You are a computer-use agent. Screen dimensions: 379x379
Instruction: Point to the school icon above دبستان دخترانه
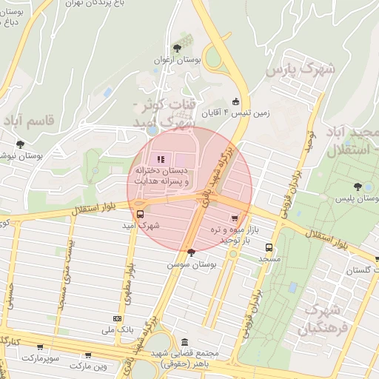click(x=161, y=158)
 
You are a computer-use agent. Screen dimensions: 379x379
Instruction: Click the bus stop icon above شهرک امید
click(x=141, y=214)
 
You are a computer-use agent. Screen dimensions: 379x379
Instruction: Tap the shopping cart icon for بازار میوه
click(x=235, y=218)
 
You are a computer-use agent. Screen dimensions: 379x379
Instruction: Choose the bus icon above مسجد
click(x=269, y=249)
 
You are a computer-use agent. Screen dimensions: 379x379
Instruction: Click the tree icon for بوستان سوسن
click(x=192, y=252)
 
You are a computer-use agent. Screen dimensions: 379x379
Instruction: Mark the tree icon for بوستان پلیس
click(x=360, y=188)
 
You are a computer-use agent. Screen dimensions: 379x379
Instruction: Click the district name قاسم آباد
click(x=30, y=120)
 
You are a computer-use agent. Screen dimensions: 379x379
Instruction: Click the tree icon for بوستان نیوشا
click(x=20, y=144)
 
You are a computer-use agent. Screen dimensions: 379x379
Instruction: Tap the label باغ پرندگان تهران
click(x=97, y=4)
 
